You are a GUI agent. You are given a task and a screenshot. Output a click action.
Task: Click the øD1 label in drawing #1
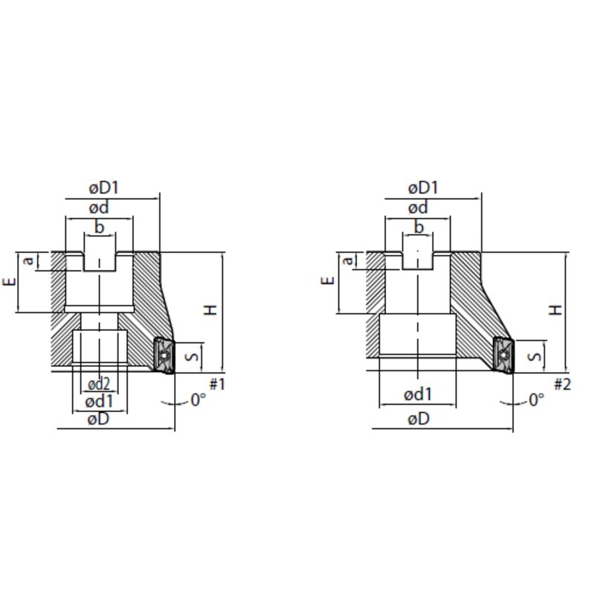point(103,187)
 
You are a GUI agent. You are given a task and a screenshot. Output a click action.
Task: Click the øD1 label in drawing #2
point(423,187)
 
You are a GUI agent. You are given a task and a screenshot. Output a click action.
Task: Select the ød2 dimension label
point(99,385)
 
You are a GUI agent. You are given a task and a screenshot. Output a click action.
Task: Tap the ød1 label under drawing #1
point(99,402)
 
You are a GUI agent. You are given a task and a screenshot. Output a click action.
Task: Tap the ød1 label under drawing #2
point(418,395)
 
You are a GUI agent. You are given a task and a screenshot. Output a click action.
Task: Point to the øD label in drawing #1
point(98,419)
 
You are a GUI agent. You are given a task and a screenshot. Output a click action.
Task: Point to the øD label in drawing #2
point(419,419)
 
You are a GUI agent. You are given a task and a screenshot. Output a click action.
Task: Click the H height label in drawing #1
point(210,309)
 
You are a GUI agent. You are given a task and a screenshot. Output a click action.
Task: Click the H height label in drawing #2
point(556,309)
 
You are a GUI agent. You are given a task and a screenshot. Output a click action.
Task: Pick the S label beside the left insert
point(193,357)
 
